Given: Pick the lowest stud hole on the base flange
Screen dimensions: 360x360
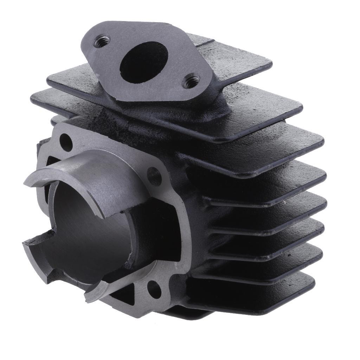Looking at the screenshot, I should click(x=154, y=287).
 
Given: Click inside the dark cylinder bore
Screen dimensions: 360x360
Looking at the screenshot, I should click(x=88, y=225).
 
